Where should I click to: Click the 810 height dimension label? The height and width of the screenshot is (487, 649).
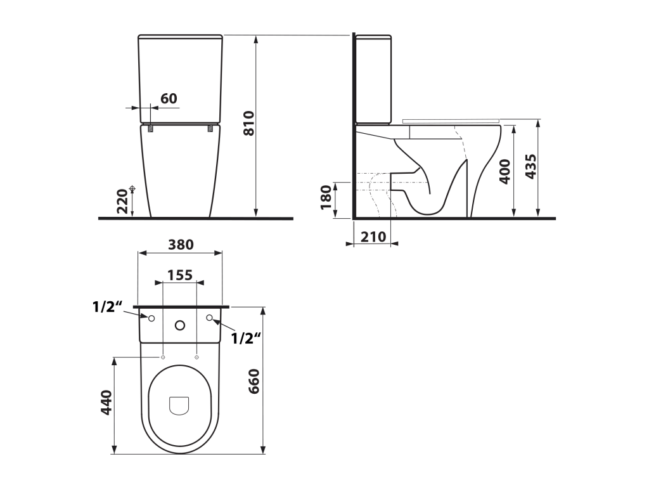(248, 123)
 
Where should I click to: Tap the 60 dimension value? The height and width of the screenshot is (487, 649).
(169, 98)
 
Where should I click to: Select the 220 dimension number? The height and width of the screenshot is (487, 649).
(122, 201)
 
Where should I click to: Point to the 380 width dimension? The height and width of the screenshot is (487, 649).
(181, 244)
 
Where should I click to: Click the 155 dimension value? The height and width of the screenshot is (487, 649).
(180, 275)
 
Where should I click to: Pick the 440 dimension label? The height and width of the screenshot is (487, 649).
(106, 402)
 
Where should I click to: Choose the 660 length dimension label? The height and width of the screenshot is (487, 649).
(253, 381)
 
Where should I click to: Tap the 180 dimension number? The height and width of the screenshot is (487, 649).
(326, 198)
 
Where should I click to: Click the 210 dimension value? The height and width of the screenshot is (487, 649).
(373, 237)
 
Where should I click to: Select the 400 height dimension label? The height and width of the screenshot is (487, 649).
(505, 171)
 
